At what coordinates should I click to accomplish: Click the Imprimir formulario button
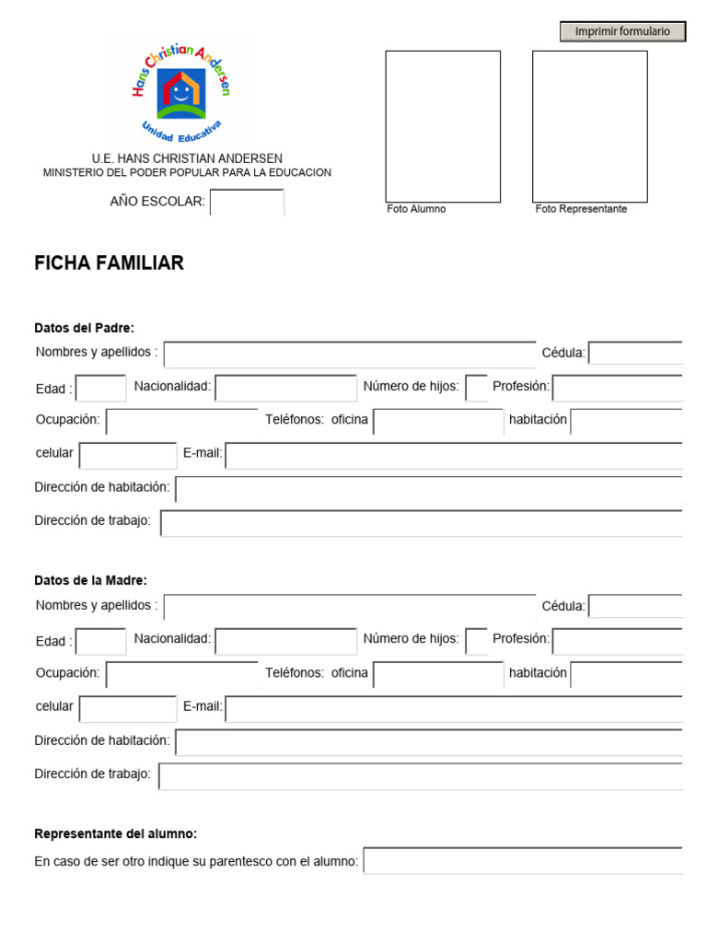coord(622,31)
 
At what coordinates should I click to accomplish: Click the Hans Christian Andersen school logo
coord(180,89)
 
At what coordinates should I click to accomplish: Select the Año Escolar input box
coord(247,202)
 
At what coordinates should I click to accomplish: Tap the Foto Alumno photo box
coord(443,126)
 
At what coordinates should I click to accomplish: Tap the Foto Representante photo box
coord(589,126)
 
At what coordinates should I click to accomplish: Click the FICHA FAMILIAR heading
coord(109,263)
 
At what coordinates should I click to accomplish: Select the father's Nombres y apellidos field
coord(350,355)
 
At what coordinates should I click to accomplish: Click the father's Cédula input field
coord(635,354)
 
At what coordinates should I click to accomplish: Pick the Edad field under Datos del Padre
coord(101,389)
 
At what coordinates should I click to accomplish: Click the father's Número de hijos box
coord(476,389)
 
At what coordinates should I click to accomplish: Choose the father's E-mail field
coord(454,456)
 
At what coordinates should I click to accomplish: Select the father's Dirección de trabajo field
coord(422,523)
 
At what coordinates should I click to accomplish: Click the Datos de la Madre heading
coord(90,580)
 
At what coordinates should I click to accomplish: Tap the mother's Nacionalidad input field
coord(285,641)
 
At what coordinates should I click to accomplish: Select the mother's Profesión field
coord(617,641)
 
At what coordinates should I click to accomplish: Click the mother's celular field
coord(128,708)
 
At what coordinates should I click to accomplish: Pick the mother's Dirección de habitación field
coord(429,742)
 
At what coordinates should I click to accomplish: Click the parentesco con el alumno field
coord(523,861)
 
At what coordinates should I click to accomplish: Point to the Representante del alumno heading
coord(115,833)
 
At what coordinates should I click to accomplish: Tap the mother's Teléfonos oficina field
coord(438,675)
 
